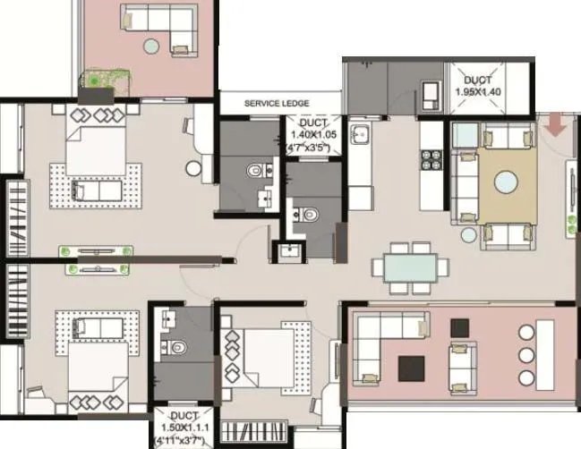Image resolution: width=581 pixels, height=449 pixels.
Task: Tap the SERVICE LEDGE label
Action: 277,104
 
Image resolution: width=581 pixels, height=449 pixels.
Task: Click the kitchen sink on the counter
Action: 360,137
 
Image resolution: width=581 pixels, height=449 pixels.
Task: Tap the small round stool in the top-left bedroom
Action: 192,167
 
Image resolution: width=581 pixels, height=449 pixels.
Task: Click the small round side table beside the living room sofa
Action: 469,235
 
